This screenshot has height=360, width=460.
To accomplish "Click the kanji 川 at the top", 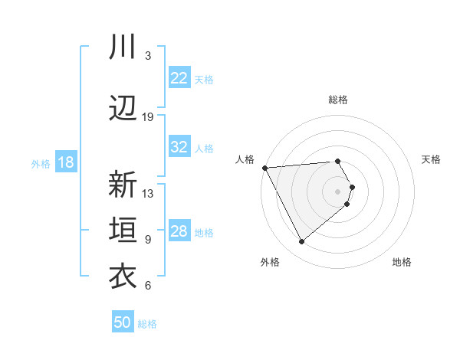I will pos(123,47).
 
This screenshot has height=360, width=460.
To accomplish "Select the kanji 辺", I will pos(123,108).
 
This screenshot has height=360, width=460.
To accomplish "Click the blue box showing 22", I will pos(179,78).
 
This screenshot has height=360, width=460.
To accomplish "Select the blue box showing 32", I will pos(179,147).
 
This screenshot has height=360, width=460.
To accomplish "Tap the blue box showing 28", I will pos(179,231).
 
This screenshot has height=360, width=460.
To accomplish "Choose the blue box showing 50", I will pos(123,322).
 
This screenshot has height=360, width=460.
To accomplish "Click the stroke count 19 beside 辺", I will pos(148,117).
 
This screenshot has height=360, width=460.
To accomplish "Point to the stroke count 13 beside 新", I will pos(148,194).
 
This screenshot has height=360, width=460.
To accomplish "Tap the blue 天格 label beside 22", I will pos(204,79).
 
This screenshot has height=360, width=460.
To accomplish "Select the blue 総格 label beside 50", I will pos(147,324).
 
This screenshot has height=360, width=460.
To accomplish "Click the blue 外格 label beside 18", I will pos(41,163).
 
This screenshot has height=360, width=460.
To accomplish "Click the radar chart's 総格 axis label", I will pos(338,100).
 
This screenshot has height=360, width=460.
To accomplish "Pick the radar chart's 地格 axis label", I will pos(402,262).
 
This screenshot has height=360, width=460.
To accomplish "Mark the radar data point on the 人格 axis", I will pos(264,167).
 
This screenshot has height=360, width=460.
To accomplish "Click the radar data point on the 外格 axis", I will pos(301,242).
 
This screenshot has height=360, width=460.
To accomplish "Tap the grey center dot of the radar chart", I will pos(338,191).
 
